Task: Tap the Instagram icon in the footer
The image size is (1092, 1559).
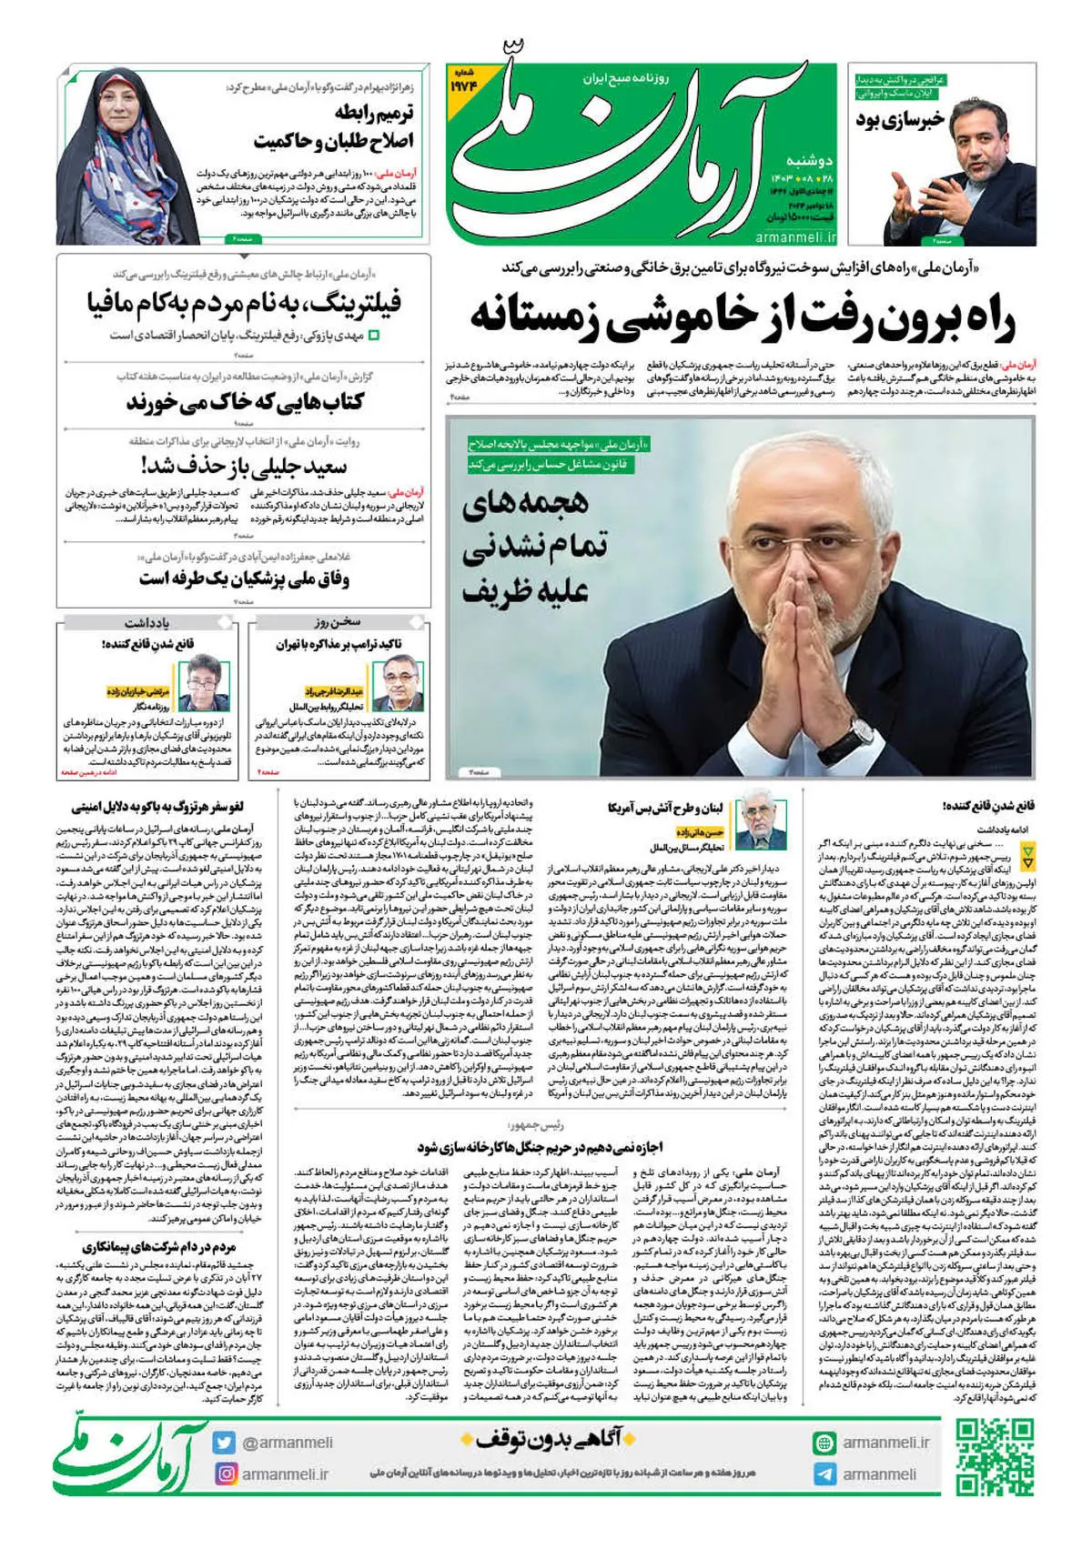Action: [x=225, y=1474]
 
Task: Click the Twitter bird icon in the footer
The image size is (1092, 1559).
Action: [x=225, y=1443]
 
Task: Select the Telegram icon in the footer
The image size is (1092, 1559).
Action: [x=824, y=1474]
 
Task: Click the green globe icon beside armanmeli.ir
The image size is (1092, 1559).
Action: [x=824, y=1443]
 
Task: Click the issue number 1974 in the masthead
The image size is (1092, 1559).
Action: [x=477, y=87]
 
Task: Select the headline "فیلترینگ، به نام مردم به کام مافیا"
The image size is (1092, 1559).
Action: [x=244, y=303]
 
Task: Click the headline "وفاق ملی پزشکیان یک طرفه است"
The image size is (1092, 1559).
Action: [x=244, y=578]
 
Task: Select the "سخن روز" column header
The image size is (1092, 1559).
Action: [x=338, y=622]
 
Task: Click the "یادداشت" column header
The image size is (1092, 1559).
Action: [x=147, y=622]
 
